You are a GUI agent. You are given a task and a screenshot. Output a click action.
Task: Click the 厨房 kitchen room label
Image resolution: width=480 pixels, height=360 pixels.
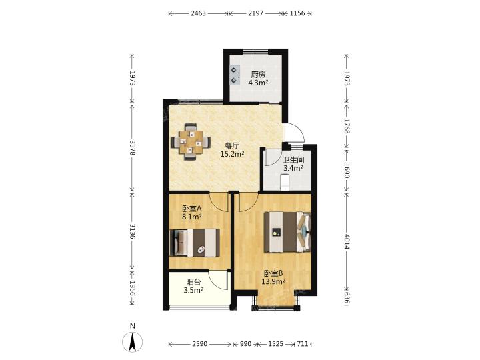258,75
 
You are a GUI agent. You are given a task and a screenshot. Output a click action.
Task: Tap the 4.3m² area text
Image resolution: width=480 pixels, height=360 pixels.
258,83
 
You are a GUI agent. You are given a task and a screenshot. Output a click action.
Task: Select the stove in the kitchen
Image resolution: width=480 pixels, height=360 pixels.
235,75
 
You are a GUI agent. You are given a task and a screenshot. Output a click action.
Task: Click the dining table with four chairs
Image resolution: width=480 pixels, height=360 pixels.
191,142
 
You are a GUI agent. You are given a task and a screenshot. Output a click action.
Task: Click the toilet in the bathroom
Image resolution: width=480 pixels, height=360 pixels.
285,181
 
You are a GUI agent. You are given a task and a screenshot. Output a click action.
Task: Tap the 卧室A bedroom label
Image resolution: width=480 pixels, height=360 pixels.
191,209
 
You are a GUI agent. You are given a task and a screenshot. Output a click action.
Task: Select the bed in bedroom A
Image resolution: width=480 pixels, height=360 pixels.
195,243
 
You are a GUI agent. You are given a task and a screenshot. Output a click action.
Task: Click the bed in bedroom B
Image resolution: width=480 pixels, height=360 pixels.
288,232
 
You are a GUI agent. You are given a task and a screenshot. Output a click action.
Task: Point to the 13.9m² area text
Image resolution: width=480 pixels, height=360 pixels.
273,281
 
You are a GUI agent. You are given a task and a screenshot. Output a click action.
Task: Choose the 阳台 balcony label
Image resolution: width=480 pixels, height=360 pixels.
193,282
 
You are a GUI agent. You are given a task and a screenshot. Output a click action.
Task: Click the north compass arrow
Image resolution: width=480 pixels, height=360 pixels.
132,342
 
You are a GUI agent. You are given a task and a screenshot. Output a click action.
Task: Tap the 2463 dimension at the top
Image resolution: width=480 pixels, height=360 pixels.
198,13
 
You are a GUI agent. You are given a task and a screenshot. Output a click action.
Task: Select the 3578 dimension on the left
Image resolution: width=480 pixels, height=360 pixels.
132,148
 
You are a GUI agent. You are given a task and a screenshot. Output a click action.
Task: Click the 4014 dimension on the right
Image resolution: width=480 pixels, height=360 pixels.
347,242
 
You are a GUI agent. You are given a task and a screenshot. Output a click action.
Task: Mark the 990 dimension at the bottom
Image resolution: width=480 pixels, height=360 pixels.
245,344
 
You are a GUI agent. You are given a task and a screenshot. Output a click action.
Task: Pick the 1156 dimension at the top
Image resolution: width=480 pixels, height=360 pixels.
297,13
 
